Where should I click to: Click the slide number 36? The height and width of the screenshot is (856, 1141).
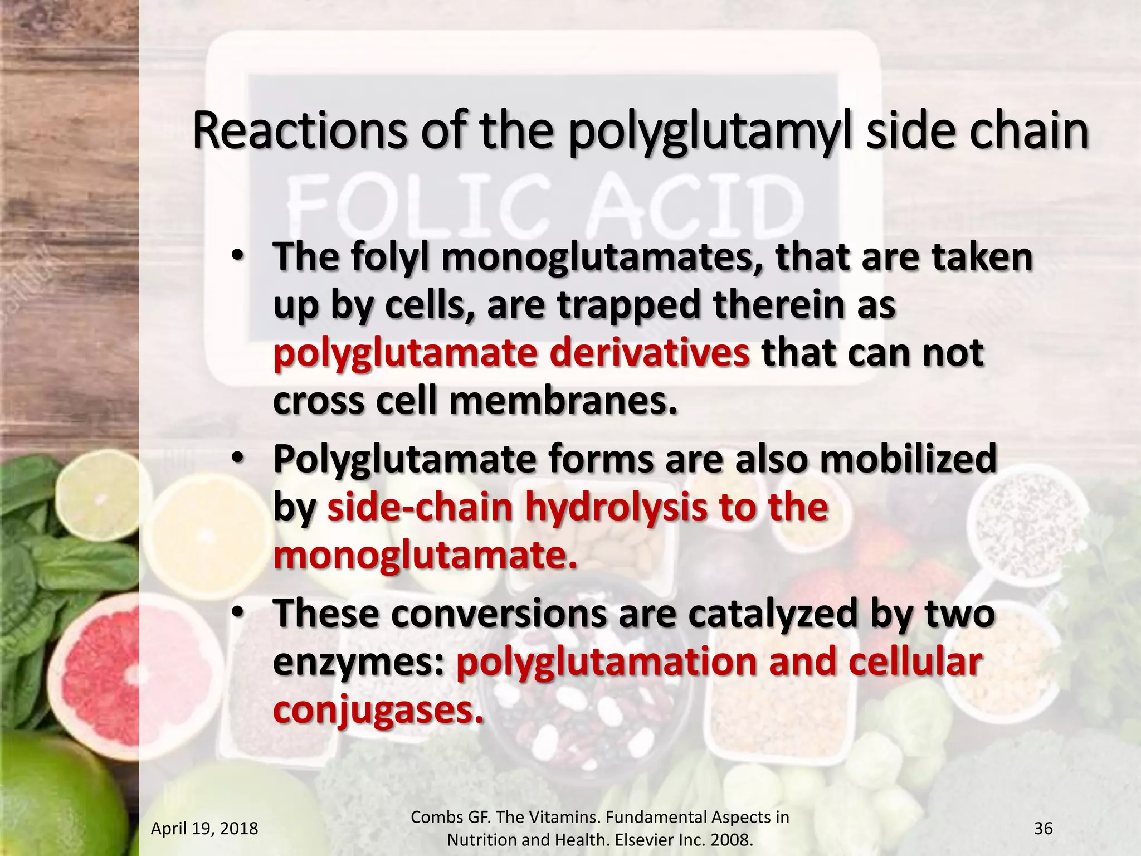pyautogui.click(x=1043, y=829)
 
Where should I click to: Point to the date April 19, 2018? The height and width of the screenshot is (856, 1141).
pyautogui.click(x=204, y=829)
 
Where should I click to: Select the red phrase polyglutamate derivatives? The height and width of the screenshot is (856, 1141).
pyautogui.click(x=511, y=354)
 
